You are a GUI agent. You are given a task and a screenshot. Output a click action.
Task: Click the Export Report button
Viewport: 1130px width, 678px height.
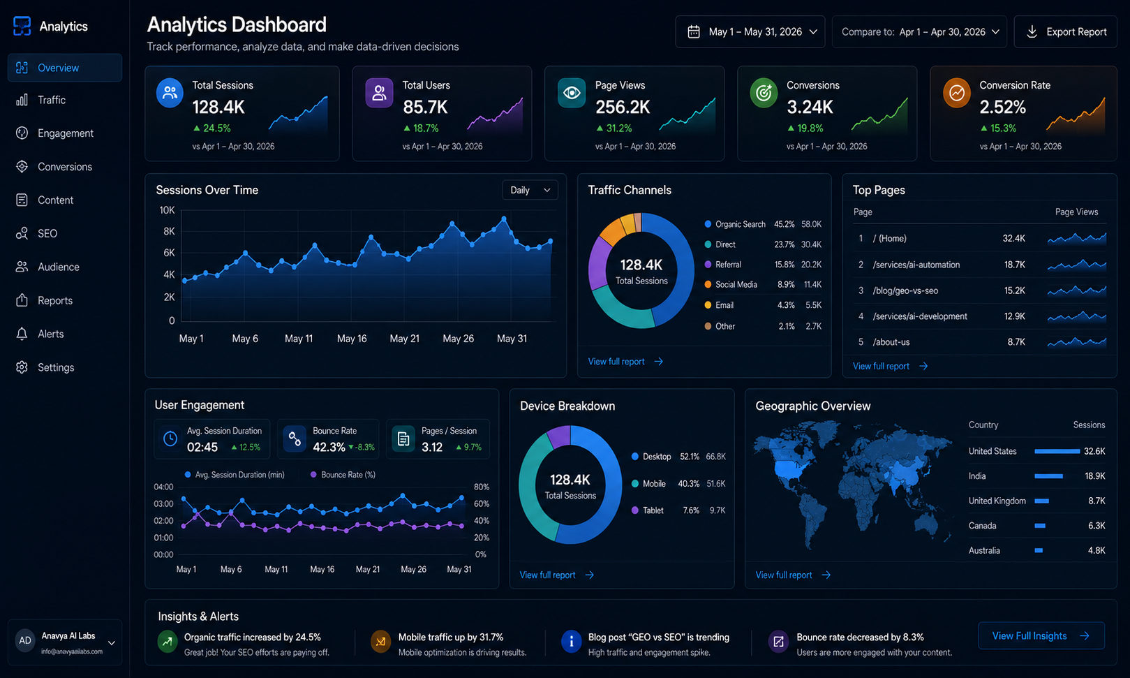[1065, 32]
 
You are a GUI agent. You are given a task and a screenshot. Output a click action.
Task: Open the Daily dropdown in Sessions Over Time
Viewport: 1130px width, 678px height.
[530, 191]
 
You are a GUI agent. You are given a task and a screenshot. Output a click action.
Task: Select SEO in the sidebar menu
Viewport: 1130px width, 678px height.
[47, 234]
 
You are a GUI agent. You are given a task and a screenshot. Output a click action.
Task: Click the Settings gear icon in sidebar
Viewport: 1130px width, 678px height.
[22, 367]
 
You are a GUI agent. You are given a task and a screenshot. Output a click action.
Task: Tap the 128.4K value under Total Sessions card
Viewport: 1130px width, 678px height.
[218, 107]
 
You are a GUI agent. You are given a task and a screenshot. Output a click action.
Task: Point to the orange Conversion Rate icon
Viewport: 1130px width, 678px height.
[956, 93]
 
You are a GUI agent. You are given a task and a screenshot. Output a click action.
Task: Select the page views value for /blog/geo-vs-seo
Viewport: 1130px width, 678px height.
[1014, 290]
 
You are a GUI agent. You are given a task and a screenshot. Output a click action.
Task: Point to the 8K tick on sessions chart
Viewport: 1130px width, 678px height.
[169, 232]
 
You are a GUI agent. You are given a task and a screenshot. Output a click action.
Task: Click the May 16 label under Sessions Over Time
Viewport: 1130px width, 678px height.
[352, 339]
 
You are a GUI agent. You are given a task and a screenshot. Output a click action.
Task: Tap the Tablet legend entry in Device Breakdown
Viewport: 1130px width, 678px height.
[648, 510]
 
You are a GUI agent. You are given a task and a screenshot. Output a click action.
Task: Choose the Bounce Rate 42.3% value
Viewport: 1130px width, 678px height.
[329, 448]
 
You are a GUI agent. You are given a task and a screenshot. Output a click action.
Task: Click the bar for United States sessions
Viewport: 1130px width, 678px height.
[1057, 451]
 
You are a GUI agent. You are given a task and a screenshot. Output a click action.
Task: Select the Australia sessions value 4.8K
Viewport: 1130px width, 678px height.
[1096, 551]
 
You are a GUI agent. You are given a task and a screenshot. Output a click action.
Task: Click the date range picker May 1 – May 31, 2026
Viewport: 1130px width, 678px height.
[750, 32]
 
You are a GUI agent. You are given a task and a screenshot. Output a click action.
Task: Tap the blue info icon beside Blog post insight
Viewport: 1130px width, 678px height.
[571, 641]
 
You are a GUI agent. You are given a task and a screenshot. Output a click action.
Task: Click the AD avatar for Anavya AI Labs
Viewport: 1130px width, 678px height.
[24, 640]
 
